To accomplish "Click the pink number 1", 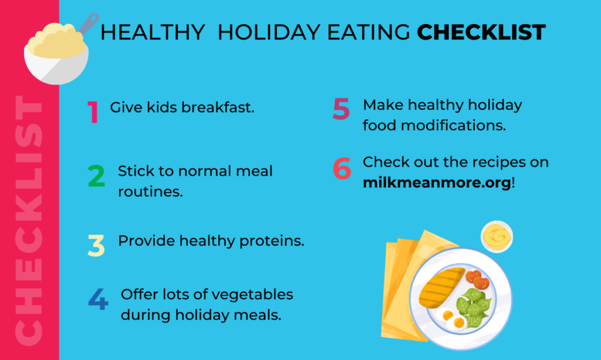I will pyautogui.click(x=93, y=112).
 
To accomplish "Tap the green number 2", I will pyautogui.click(x=97, y=176).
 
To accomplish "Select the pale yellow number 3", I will pyautogui.click(x=96, y=245).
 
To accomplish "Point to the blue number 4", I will pyautogui.click(x=98, y=299).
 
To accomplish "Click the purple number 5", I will pyautogui.click(x=340, y=109).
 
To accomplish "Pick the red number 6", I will pyautogui.click(x=342, y=168).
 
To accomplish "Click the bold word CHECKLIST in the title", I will pyautogui.click(x=481, y=33).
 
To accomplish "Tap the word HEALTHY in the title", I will pyautogui.click(x=153, y=33).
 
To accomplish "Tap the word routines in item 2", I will pyautogui.click(x=150, y=191).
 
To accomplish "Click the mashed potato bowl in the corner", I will pyautogui.click(x=56, y=52).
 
